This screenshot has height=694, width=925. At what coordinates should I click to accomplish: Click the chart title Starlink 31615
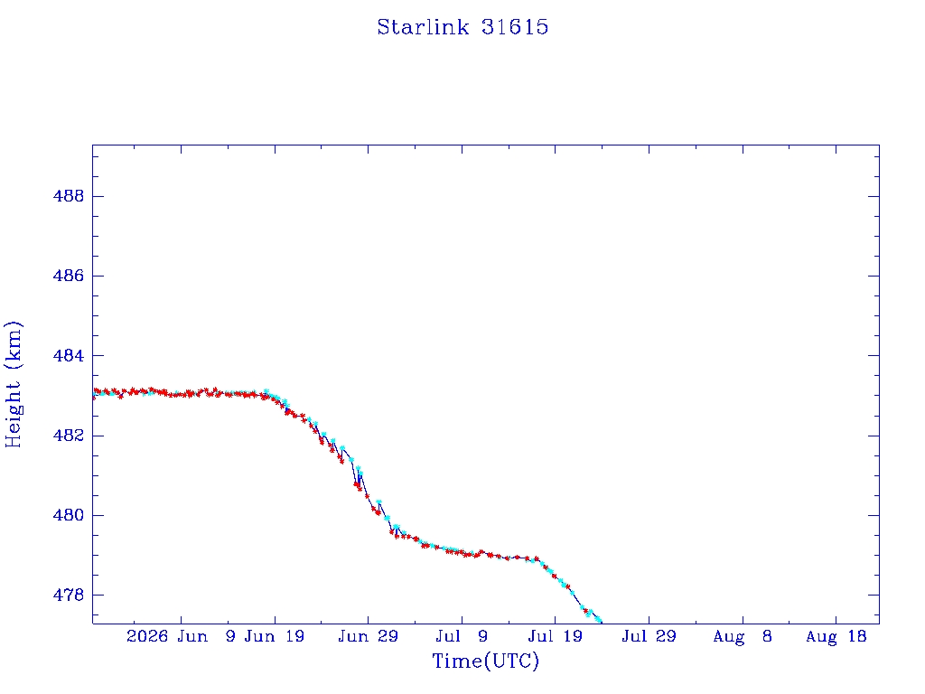point(462,27)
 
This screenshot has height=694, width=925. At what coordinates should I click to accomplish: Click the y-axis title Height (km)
point(13,384)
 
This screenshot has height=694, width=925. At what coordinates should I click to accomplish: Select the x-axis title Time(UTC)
point(485,661)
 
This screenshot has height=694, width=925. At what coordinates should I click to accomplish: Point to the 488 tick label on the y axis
point(69,196)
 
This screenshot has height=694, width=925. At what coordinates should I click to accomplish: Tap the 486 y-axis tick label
point(69,276)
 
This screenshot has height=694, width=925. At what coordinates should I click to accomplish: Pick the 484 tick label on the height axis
point(69,356)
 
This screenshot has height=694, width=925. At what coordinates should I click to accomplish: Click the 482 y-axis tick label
point(69,436)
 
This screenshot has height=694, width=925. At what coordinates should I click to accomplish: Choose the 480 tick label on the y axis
point(69,515)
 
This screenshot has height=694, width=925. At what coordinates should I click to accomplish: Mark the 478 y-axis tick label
point(69,595)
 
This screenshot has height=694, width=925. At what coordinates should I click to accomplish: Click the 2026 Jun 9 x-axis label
point(181,636)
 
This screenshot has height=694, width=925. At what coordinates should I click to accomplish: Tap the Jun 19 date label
point(275,636)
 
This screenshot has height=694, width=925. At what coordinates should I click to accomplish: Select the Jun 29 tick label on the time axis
point(369,636)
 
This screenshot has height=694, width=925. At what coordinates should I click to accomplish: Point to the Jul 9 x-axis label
point(462,636)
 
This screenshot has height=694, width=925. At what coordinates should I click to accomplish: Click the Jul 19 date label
point(556,636)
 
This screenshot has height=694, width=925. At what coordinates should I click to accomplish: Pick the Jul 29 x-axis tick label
point(649,636)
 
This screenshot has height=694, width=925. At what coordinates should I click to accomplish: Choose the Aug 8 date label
point(743,636)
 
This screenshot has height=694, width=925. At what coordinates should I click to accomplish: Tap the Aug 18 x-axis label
point(836,636)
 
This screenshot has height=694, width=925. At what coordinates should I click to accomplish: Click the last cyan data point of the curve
point(600,620)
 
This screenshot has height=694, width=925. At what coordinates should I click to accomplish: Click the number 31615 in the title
point(515,27)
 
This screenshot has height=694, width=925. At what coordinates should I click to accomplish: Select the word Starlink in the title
point(423,27)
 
